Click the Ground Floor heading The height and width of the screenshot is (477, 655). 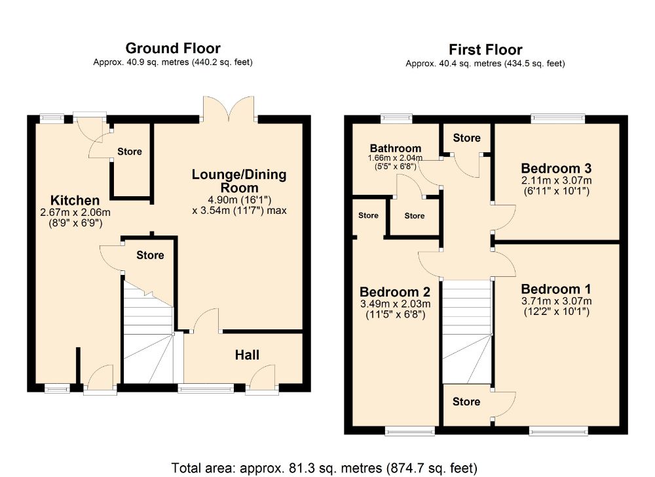click(172, 48)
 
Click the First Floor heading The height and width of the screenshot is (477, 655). click(485, 49)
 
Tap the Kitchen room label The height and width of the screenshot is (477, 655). click(75, 200)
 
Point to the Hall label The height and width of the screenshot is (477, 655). click(247, 355)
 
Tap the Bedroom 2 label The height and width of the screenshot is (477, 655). click(394, 292)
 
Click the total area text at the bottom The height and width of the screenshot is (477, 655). click(326, 468)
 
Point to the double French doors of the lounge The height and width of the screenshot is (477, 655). click(229, 108)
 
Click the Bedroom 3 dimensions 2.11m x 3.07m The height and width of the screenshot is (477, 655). click(556, 181)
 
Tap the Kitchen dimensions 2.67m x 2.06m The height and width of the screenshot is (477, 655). click(75, 212)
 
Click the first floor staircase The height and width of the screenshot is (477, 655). click(466, 331)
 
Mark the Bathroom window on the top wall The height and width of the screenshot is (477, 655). click(397, 119)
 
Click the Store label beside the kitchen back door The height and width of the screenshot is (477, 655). click(129, 152)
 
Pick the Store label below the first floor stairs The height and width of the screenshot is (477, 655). click(466, 402)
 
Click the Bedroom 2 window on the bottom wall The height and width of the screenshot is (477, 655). click(410, 430)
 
